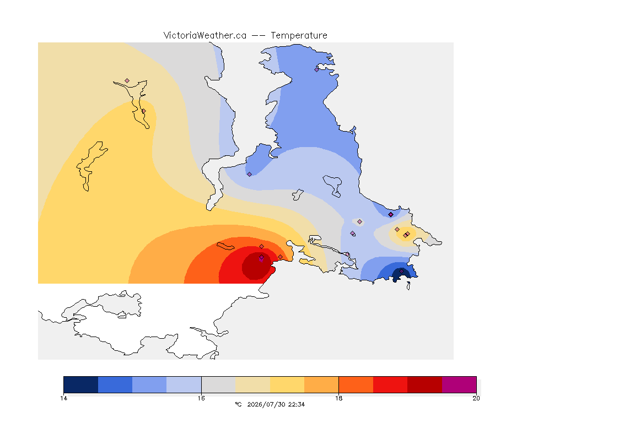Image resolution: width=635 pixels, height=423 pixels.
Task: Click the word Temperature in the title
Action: (299, 36)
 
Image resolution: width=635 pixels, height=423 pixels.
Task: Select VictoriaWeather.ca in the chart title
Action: (205, 36)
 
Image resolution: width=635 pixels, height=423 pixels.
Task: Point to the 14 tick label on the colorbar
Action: (63, 398)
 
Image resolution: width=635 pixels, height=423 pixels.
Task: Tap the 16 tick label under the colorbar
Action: (201, 398)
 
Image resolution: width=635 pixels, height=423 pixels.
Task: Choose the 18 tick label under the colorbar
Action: (338, 398)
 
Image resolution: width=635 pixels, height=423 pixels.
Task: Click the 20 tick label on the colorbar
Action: (476, 398)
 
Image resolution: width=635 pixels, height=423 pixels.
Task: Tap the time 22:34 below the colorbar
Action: (297, 404)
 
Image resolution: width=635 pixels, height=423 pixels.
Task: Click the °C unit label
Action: (238, 404)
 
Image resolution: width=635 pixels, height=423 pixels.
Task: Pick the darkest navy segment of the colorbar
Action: (81, 384)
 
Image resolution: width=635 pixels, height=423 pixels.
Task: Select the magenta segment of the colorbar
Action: (459, 384)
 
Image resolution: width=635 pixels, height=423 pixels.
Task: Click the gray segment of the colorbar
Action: (219, 384)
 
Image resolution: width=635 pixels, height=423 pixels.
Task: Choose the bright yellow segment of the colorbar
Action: (287, 384)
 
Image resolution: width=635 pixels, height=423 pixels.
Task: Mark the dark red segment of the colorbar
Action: (425, 384)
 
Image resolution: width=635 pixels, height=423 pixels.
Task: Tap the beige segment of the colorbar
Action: (252, 384)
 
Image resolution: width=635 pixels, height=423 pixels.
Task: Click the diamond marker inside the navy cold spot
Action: (401, 271)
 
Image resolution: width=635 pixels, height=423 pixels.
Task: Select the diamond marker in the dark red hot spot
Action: (262, 257)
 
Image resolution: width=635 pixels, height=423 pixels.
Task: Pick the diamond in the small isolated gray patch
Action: (359, 222)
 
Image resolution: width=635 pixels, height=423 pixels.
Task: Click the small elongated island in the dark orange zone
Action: (225, 246)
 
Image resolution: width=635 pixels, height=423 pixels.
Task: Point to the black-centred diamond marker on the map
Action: (391, 215)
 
